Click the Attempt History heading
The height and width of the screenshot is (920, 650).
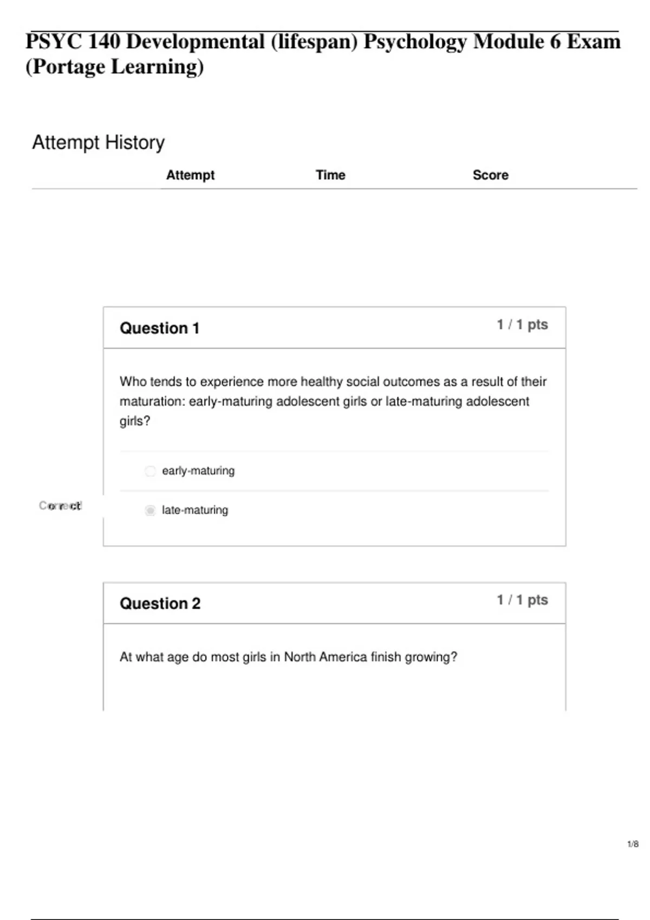point(98,142)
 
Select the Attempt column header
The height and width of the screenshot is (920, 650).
point(190,175)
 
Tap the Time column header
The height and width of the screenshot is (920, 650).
point(330,175)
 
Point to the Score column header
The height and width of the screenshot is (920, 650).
point(490,175)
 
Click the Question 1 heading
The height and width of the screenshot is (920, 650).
point(159,328)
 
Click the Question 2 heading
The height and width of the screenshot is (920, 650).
point(160,603)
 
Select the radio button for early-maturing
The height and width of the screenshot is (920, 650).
point(150,471)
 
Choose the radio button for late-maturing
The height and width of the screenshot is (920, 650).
point(150,510)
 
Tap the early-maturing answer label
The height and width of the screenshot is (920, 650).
point(198,471)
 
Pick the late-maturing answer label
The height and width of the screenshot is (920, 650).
point(195,510)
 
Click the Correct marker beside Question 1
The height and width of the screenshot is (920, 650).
point(60,505)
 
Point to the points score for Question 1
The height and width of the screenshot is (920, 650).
point(522,325)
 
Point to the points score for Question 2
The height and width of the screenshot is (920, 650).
point(522,600)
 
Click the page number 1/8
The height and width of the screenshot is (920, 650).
point(633,844)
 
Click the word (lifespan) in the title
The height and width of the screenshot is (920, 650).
point(314,42)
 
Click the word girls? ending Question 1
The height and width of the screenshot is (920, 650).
point(135,421)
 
